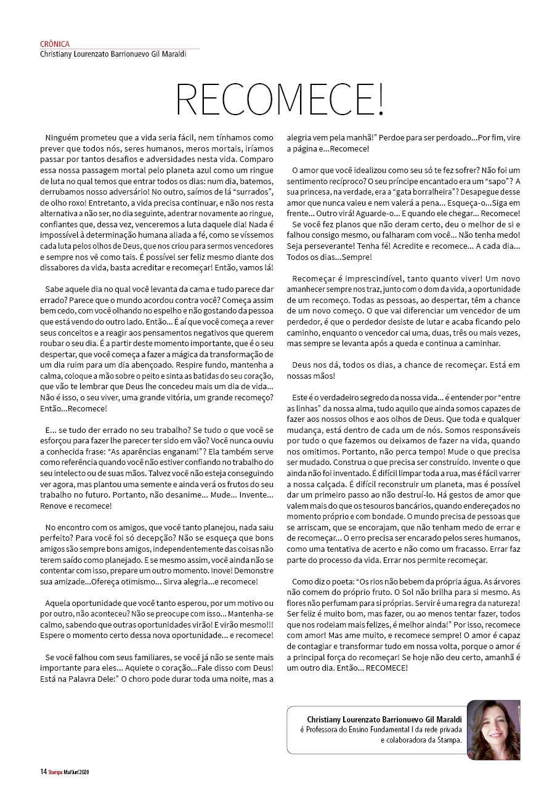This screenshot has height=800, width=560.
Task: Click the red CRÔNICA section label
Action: click(x=55, y=44)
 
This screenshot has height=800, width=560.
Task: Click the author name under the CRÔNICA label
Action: click(x=113, y=54)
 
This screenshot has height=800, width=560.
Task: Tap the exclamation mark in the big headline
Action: click(x=379, y=99)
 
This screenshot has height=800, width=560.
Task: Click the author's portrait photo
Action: click(x=493, y=730)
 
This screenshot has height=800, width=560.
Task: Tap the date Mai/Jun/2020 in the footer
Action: click(x=76, y=771)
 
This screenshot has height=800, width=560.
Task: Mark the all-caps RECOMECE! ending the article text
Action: click(x=386, y=668)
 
